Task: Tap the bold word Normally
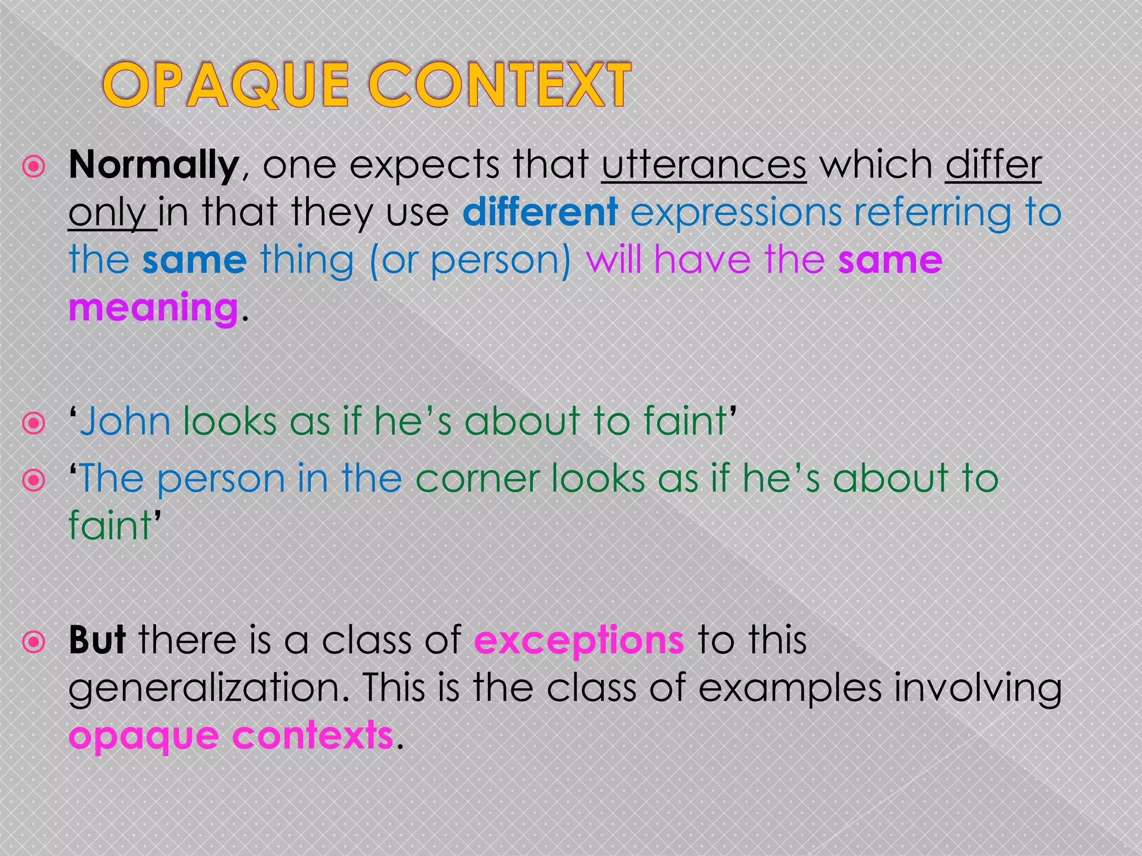coord(154,166)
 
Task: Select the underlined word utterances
coord(704,166)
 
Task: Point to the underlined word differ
coord(993,166)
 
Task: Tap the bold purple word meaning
coord(153,308)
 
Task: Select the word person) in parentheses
coord(501,261)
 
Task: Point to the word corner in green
coord(477,479)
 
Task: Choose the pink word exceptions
coord(578,641)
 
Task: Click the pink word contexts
coord(312,736)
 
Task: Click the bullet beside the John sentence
coord(34,424)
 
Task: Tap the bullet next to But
coord(34,642)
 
